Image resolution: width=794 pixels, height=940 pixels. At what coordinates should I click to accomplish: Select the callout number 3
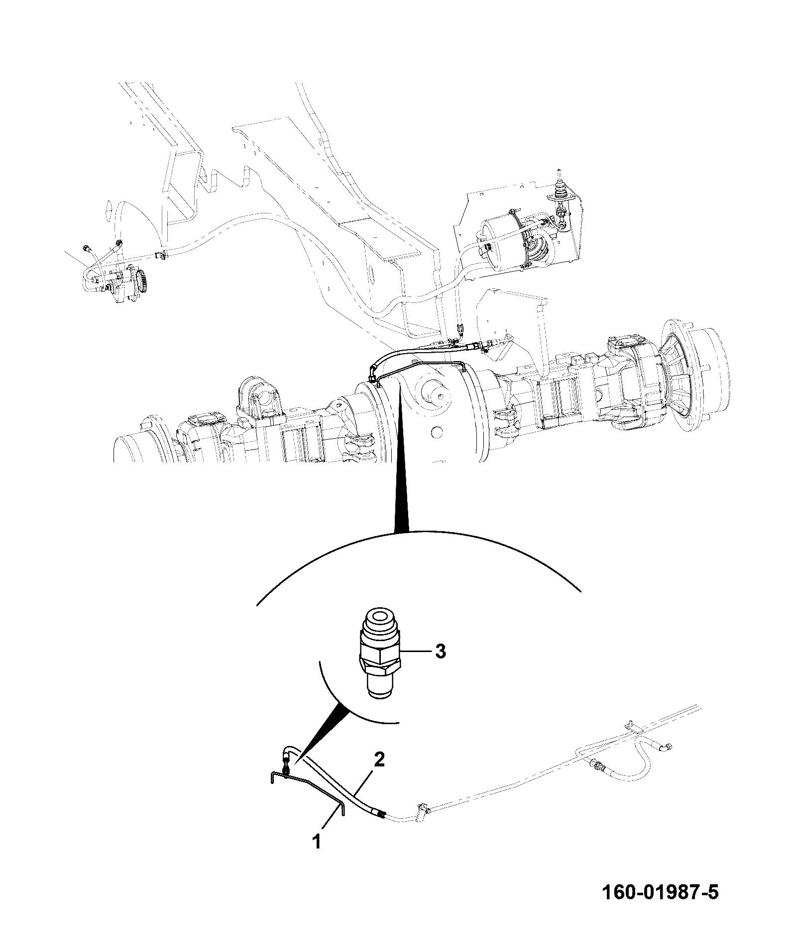click(x=440, y=652)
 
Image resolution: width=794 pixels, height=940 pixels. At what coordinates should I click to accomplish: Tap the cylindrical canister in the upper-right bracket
click(x=505, y=242)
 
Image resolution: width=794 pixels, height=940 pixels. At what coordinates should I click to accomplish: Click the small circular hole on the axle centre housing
click(x=436, y=431)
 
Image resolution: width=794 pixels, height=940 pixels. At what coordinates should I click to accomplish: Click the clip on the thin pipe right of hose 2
click(x=423, y=821)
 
